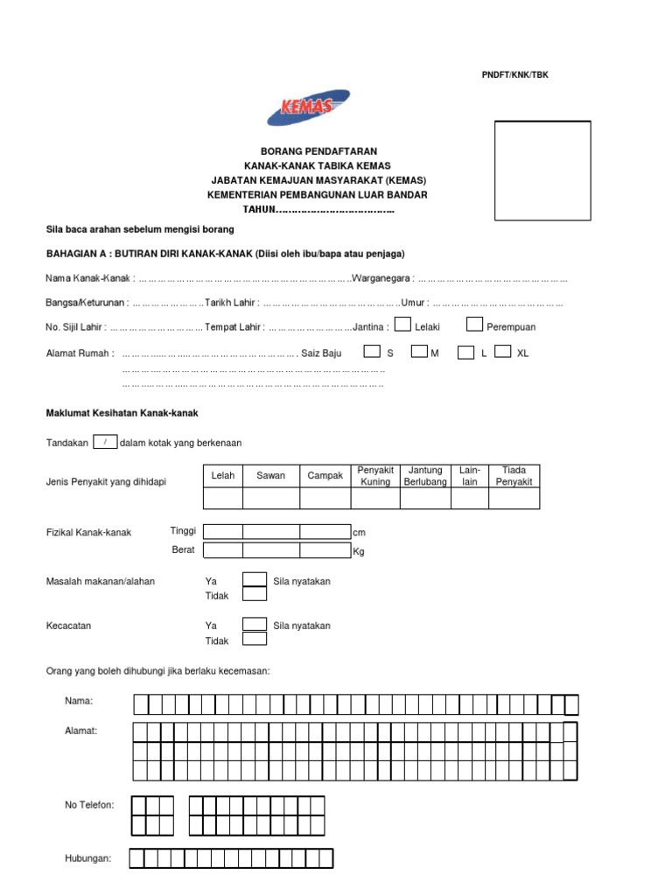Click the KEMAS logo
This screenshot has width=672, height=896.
point(308,108)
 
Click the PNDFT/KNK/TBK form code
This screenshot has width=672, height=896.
point(514,75)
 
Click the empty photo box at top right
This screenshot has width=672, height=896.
point(542,171)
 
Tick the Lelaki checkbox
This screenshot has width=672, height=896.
point(402,325)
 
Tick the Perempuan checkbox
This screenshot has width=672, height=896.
point(474,325)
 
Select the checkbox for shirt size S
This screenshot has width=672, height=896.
point(372,352)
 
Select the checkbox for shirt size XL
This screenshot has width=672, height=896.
point(502,352)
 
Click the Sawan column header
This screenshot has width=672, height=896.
point(270,476)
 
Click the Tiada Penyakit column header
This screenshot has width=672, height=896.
point(514,476)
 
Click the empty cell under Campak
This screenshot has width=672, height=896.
point(325,498)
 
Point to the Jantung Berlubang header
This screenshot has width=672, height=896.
point(425,476)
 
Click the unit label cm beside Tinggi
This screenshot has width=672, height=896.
point(358,532)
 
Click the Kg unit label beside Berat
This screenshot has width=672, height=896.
point(358,551)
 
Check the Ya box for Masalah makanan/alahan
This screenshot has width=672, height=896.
point(254,578)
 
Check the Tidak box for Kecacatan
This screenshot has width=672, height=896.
point(254,639)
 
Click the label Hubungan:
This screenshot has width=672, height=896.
point(87,858)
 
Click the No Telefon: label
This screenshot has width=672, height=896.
point(89,805)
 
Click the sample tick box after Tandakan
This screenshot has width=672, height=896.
point(104,443)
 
